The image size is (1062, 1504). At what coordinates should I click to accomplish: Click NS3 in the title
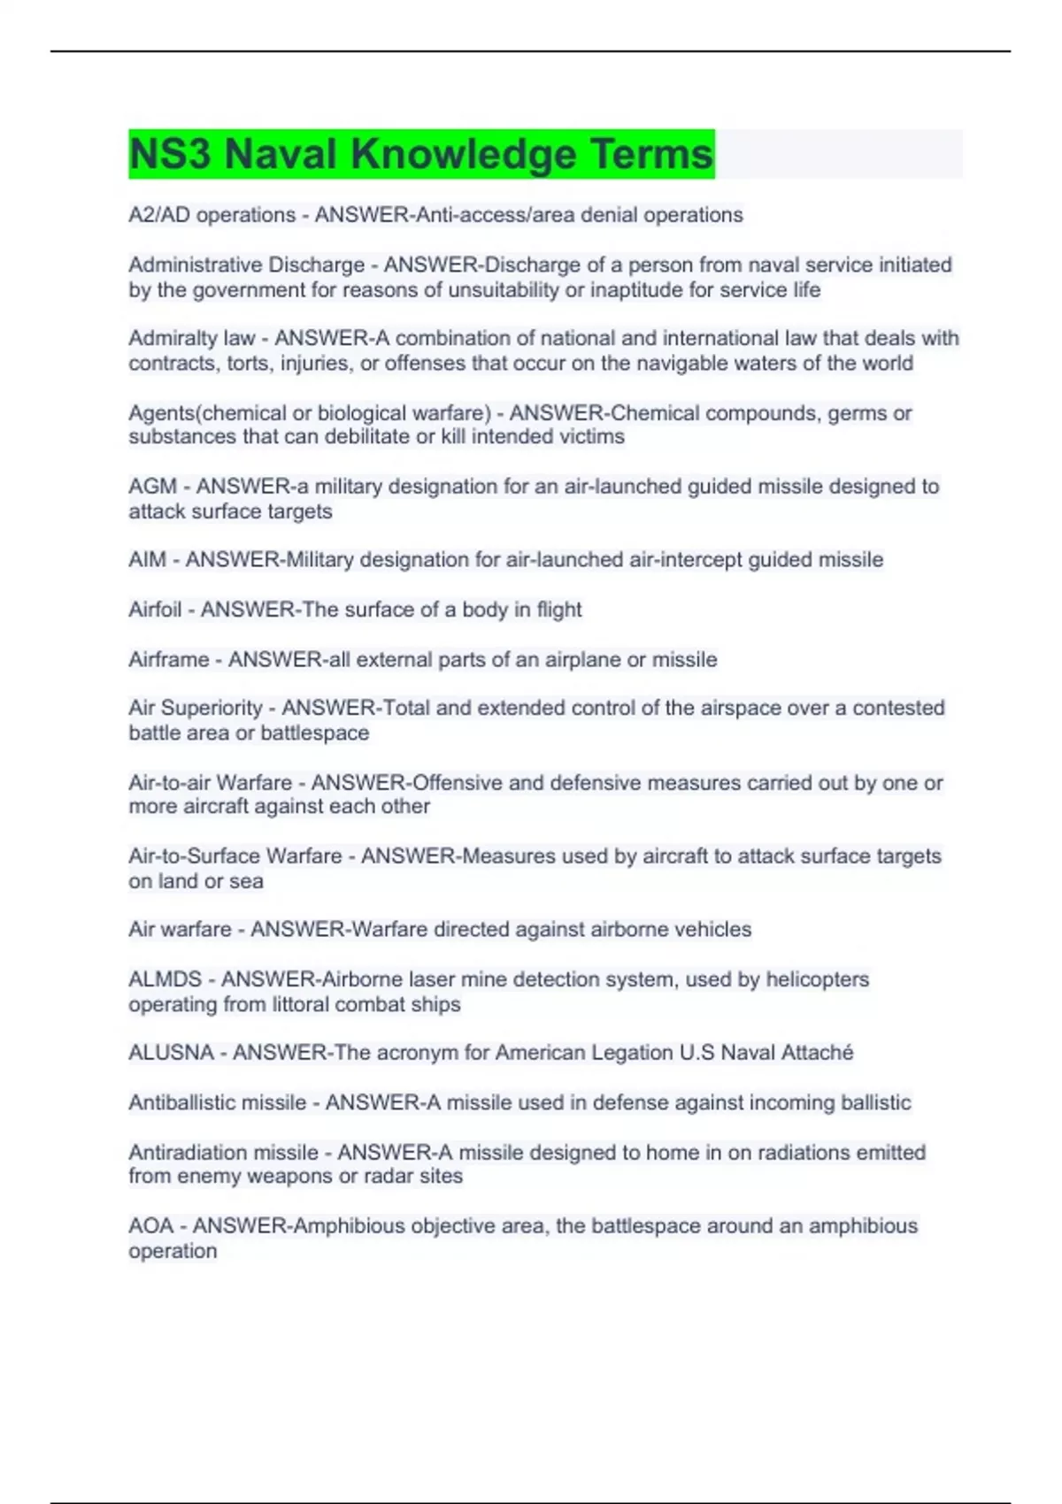pyautogui.click(x=170, y=155)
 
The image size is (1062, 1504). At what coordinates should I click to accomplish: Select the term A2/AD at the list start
pyautogui.click(x=159, y=215)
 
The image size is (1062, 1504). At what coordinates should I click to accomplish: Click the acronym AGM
pyautogui.click(x=152, y=487)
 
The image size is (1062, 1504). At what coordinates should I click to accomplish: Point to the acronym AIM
pyautogui.click(x=147, y=560)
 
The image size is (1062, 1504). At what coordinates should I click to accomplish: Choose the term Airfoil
pyautogui.click(x=155, y=610)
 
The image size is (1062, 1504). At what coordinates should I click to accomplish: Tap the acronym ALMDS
pyautogui.click(x=165, y=979)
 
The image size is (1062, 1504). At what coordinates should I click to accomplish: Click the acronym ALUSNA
pyautogui.click(x=171, y=1053)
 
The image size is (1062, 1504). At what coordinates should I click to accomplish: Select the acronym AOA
pyautogui.click(x=150, y=1226)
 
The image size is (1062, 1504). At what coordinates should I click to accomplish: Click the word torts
pyautogui.click(x=247, y=364)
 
